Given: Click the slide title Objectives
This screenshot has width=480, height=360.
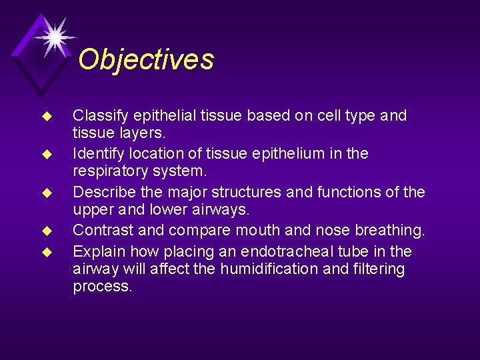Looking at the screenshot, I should [x=146, y=59].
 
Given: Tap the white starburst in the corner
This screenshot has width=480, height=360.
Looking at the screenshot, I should [x=54, y=35].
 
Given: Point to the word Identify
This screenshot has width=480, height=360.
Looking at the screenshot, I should [x=97, y=154].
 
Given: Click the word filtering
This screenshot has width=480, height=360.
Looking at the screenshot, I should [x=379, y=269].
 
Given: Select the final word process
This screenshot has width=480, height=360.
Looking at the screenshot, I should [x=102, y=287].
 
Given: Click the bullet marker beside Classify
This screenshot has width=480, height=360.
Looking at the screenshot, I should [x=47, y=117].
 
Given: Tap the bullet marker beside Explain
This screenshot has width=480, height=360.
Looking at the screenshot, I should [x=47, y=253].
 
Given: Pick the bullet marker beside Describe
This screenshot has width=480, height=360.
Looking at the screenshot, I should [x=47, y=193].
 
